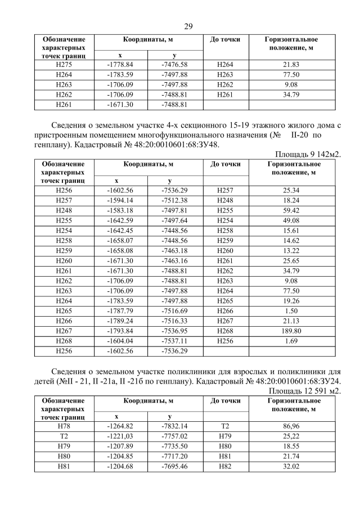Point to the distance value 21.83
[x=291, y=65]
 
